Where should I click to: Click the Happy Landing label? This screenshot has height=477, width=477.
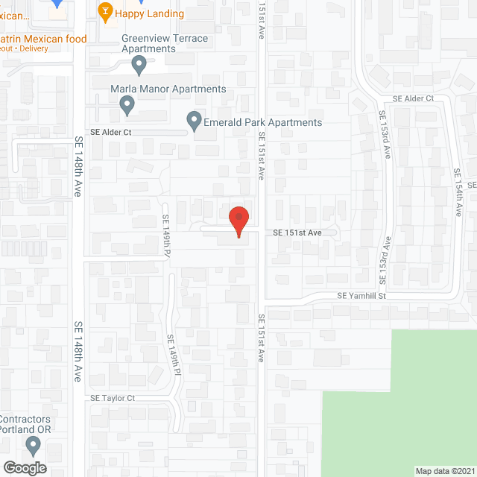point(151,13)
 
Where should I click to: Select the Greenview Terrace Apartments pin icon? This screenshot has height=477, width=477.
point(139,66)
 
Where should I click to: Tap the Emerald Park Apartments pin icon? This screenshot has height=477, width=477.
point(194,120)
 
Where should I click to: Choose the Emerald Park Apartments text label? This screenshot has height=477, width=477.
point(263,122)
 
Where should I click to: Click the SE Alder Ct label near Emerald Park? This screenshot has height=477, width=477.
point(111,132)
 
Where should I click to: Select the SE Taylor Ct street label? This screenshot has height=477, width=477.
point(113,399)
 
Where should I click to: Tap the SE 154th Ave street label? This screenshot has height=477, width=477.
point(458,192)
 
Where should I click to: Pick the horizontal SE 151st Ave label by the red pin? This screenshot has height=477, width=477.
point(297,233)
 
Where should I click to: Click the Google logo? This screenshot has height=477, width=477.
point(25,468)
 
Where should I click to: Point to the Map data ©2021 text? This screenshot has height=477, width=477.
point(444,471)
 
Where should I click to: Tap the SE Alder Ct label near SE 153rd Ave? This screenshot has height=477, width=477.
point(413,98)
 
